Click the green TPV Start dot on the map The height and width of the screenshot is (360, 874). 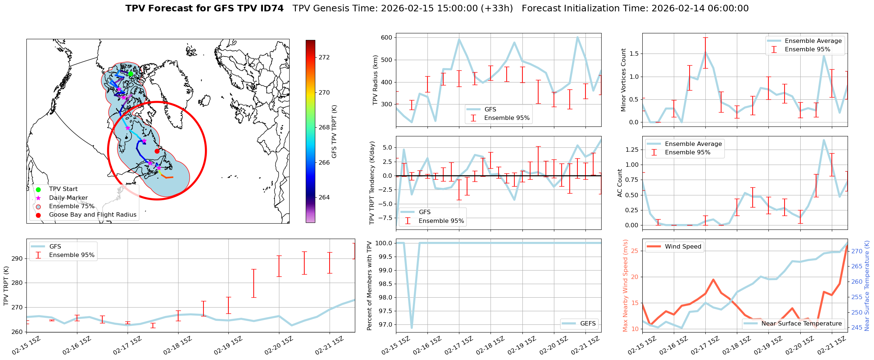(x=131, y=74)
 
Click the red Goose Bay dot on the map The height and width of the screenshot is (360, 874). (x=157, y=151)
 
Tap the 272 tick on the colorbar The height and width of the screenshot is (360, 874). (x=324, y=58)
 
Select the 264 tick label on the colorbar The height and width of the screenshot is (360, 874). (x=324, y=198)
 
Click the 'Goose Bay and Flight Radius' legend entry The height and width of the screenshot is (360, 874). (x=92, y=215)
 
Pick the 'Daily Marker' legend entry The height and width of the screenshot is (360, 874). (x=68, y=198)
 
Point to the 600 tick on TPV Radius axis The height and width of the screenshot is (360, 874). (x=387, y=37)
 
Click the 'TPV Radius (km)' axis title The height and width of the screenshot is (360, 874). (x=375, y=80)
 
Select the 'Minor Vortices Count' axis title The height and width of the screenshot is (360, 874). (x=623, y=80)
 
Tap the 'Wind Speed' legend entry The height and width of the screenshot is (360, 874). (x=683, y=247)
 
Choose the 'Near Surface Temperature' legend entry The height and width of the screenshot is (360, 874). (x=801, y=324)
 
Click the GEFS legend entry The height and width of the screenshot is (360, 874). (x=588, y=324)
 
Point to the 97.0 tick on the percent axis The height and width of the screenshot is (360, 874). (x=384, y=325)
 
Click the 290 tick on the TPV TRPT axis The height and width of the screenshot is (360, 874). (x=18, y=259)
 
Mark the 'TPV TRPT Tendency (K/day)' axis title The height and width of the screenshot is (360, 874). (x=372, y=183)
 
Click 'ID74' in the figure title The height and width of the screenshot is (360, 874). (x=271, y=8)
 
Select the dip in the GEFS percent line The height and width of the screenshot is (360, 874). (x=412, y=328)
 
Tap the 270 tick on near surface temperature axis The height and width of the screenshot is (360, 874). (x=857, y=251)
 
